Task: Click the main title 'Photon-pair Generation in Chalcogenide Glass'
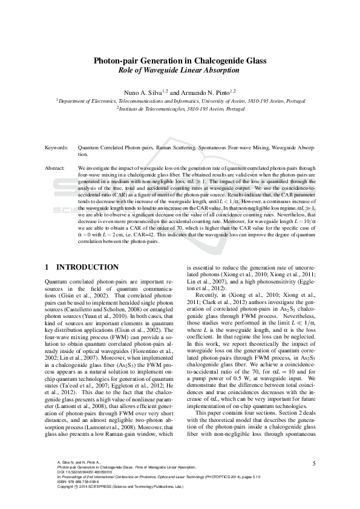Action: [x=180, y=60]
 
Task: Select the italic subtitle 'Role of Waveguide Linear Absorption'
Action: [x=180, y=70]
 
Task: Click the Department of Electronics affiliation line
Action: [x=180, y=101]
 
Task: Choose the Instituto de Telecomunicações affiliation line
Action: [x=180, y=109]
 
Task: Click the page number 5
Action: [x=314, y=463]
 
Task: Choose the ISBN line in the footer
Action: [x=76, y=482]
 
